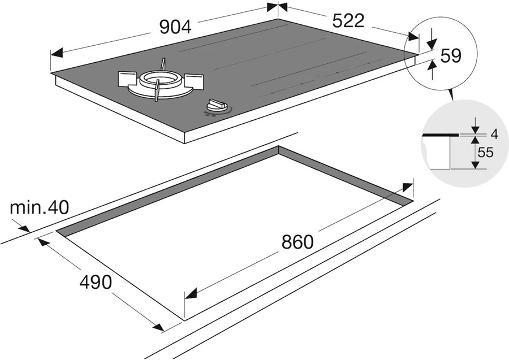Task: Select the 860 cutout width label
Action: (x=297, y=241)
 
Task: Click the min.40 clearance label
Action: (x=39, y=207)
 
